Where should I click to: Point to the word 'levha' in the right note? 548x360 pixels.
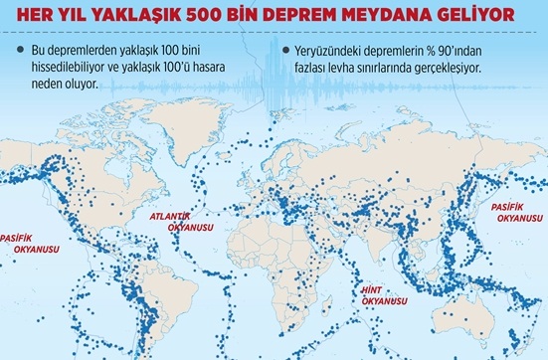click(x=356, y=68)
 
